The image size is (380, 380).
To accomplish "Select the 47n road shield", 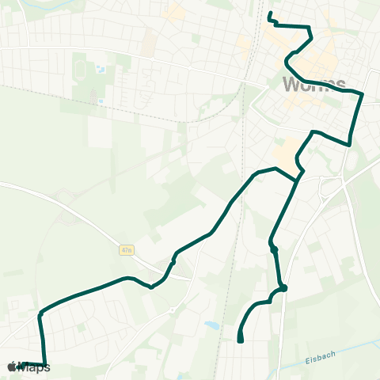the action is [127, 249].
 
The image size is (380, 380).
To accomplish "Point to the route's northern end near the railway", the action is [270, 13].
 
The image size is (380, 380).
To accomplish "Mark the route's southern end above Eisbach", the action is [240, 340].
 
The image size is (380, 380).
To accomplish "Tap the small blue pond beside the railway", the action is [211, 325].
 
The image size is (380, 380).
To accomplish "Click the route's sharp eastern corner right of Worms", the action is [362, 94].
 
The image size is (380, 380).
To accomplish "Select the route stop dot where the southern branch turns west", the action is [283, 288].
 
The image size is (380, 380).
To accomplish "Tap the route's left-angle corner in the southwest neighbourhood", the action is [40, 313].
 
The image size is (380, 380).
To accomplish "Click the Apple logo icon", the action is [11, 367].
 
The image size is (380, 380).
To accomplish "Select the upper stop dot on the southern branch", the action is [274, 249].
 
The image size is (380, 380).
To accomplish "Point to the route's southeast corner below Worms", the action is [348, 144].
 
